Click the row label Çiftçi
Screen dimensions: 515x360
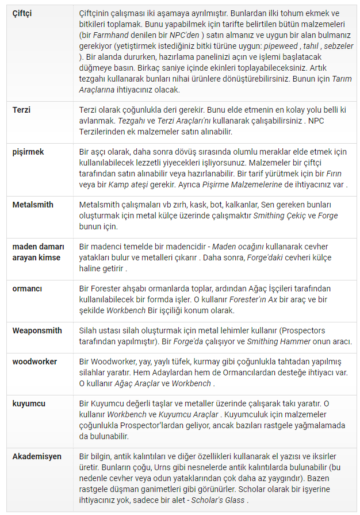(x=22, y=13)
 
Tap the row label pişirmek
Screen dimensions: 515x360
(x=28, y=152)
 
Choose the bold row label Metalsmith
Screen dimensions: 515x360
(x=33, y=205)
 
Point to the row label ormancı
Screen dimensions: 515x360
(x=28, y=289)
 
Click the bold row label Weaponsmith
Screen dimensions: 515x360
(x=37, y=330)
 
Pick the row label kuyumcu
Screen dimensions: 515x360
(x=29, y=404)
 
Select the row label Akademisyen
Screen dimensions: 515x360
(x=37, y=456)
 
